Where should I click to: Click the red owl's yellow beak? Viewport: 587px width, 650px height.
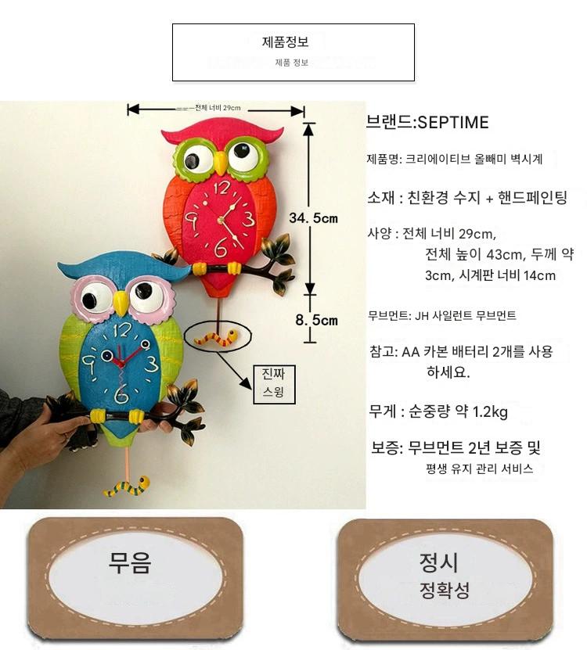pyautogui.click(x=221, y=163)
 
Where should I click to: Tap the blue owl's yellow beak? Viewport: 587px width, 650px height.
pyautogui.click(x=121, y=303)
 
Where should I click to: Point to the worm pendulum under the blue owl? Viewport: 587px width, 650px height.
pyautogui.click(x=127, y=487)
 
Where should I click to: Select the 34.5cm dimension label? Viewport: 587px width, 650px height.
pyautogui.click(x=314, y=218)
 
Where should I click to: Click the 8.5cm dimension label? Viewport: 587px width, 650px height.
pyautogui.click(x=316, y=320)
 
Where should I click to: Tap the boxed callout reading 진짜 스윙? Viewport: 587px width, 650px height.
pyautogui.click(x=274, y=384)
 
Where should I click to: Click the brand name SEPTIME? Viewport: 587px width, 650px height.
pyautogui.click(x=453, y=122)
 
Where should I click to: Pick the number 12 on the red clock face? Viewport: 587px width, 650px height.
pyautogui.click(x=222, y=188)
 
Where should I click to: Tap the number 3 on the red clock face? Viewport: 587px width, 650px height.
pyautogui.click(x=247, y=218)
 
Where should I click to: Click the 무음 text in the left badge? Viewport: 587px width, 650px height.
pyautogui.click(x=129, y=562)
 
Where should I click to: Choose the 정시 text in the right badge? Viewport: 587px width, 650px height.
pyautogui.click(x=438, y=562)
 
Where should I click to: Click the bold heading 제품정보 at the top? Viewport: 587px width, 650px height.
pyautogui.click(x=285, y=42)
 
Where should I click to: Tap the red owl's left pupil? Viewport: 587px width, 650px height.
pyautogui.click(x=192, y=160)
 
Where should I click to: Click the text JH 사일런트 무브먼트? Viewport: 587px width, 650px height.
pyautogui.click(x=466, y=316)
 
